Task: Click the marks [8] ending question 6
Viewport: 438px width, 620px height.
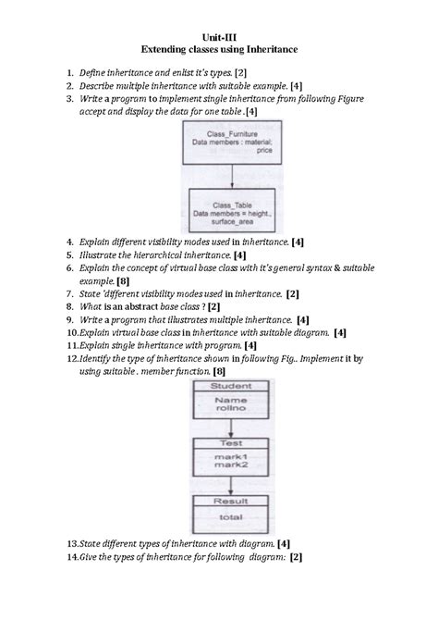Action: [x=110, y=280]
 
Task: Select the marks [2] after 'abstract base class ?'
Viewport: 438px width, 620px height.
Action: [x=214, y=305]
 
